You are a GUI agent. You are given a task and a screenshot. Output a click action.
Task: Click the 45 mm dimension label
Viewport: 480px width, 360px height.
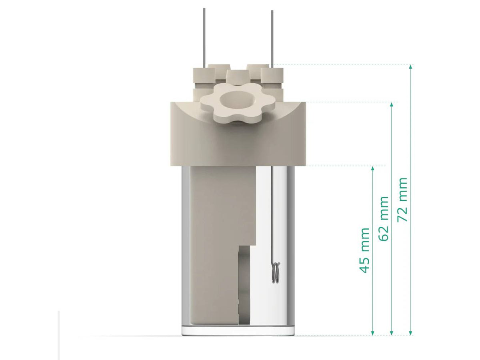coord(364,250)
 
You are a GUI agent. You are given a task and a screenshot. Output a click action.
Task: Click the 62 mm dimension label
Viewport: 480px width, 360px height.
coord(384,218)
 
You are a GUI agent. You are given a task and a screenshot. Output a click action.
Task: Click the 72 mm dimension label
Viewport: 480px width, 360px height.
coord(403,200)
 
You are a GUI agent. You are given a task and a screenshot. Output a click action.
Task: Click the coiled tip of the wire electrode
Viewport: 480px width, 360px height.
coord(275,272)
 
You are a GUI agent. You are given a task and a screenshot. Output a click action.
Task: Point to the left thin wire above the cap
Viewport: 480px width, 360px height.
coord(204,36)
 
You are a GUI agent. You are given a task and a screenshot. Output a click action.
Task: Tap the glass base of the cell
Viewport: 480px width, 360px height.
coord(238,330)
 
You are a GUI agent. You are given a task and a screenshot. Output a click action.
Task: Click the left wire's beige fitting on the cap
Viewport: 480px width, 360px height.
coord(204,76)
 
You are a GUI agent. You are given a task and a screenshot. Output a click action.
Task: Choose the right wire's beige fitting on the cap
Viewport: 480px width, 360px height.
coord(272,76)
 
